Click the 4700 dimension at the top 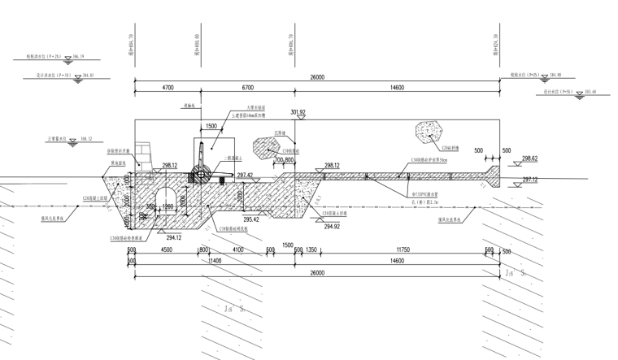coord(168,87)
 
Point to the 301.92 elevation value coord(298,112)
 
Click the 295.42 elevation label coord(252,219)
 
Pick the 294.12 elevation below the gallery coord(172,237)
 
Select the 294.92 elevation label coord(331,227)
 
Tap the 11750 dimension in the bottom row coord(396,250)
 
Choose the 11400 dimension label coord(215,261)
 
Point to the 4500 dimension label coord(166,250)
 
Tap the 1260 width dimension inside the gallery coord(168,208)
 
